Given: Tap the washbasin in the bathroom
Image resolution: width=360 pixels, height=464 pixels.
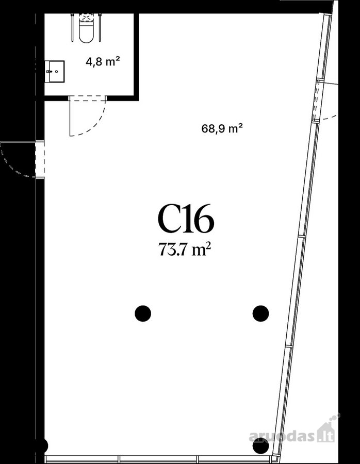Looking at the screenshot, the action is (x=55, y=71).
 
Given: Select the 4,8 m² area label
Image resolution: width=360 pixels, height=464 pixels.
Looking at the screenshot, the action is (x=103, y=62).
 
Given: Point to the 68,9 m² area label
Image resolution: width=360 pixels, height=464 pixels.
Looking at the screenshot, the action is (x=222, y=128).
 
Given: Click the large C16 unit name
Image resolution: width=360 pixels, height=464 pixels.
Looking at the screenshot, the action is (x=186, y=218).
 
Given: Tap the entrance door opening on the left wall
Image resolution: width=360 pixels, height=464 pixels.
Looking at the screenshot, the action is (x=40, y=159).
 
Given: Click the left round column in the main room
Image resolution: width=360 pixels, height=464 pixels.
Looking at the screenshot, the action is (x=143, y=313).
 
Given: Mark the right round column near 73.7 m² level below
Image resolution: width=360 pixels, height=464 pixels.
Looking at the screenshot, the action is (x=260, y=313).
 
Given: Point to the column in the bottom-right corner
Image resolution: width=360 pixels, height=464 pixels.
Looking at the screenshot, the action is (x=260, y=445).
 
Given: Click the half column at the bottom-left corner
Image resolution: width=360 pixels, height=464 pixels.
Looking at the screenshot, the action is (x=44, y=445).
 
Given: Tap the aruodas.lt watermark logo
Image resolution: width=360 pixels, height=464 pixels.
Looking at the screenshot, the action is (x=292, y=435).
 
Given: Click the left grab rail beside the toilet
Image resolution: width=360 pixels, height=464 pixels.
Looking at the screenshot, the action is (x=73, y=27).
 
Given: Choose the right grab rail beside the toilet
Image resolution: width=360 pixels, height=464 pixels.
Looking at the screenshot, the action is (x=100, y=27).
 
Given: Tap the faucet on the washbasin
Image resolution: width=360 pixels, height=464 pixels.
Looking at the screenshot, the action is (x=49, y=71).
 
